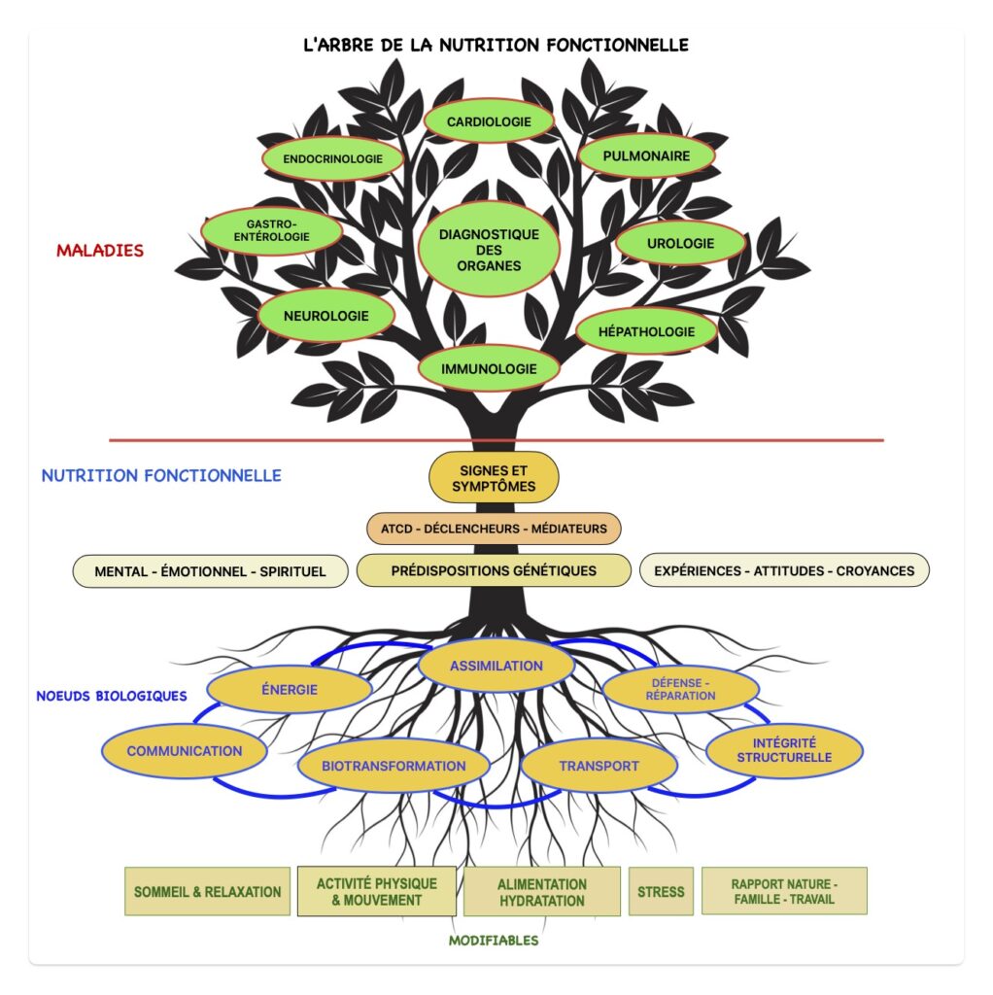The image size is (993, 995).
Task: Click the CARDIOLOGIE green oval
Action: point(489,121)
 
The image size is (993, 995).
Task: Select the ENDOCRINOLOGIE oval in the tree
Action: point(332,158)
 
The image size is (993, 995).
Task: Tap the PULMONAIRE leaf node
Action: point(646,155)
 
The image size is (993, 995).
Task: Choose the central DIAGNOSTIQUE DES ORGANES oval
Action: point(488,250)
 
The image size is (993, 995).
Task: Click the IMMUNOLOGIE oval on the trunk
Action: point(489,369)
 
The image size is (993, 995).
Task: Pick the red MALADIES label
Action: point(100,251)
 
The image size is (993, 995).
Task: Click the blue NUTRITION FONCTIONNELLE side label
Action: point(161,476)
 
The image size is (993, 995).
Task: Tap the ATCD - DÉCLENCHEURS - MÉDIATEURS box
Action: point(494,529)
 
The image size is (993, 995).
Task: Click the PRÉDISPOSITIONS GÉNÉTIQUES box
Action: point(494,570)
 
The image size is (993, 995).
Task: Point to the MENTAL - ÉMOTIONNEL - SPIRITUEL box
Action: point(210,571)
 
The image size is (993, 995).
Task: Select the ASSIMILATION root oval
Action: point(496,666)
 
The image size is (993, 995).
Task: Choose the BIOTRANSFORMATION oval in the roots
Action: point(394,766)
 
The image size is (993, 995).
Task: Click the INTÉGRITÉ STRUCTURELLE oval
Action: point(783,749)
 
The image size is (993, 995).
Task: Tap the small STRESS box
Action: point(661,891)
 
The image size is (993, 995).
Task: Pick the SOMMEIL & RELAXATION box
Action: point(207,891)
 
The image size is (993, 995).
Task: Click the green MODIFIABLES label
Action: point(494,941)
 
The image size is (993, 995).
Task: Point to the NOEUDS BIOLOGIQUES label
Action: point(112,697)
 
